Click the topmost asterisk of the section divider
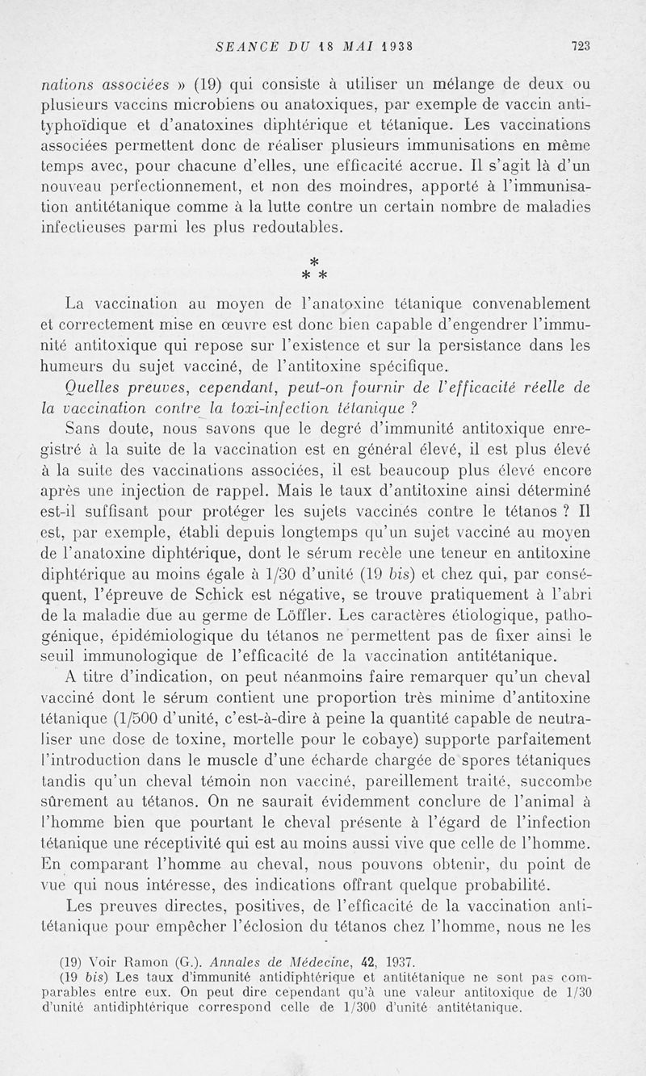[x=314, y=262]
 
